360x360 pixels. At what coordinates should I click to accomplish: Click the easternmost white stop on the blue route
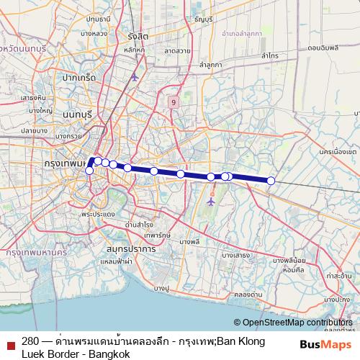271,181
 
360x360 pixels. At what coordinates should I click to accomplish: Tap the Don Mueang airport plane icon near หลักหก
135,76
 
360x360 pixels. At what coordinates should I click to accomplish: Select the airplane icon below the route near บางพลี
211,201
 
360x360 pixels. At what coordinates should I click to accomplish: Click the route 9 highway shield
174,103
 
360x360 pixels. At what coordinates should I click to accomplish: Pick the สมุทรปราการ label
130,248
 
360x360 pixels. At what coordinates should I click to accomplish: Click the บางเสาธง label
235,254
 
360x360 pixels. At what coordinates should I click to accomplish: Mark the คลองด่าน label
248,294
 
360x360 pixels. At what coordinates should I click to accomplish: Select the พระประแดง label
99,215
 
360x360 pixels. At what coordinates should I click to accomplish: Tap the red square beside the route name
9,346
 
